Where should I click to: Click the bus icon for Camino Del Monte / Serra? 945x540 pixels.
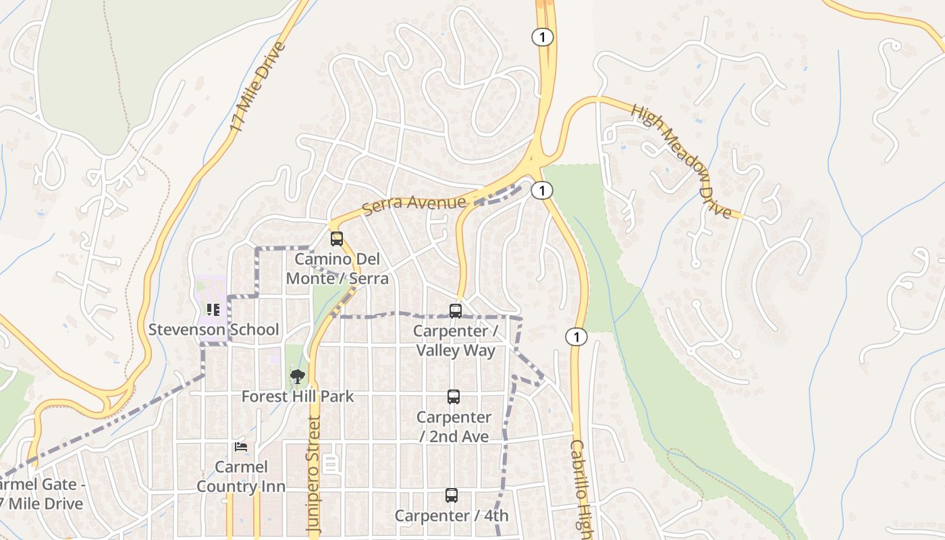(x=337, y=239)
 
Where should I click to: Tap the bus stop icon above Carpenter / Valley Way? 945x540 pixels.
(x=456, y=311)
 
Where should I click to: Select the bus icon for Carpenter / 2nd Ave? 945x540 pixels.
(x=454, y=397)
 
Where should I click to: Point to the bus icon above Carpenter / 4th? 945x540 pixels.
(x=452, y=495)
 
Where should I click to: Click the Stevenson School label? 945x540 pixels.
(x=213, y=329)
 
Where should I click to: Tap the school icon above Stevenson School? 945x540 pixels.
(x=213, y=310)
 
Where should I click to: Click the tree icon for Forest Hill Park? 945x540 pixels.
(x=297, y=377)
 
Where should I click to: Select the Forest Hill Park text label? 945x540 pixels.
(x=297, y=396)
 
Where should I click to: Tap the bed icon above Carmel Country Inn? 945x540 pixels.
(x=241, y=447)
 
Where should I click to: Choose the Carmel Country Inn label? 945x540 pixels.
(x=241, y=477)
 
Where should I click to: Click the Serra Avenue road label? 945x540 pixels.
(x=414, y=203)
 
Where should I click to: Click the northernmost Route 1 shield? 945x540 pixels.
(x=542, y=37)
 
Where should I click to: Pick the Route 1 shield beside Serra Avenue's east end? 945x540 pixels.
(x=541, y=191)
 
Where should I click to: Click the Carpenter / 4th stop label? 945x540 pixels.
(x=452, y=516)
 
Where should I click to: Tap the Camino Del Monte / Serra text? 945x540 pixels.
(x=337, y=269)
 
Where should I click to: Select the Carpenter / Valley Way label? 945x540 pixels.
(x=456, y=341)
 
